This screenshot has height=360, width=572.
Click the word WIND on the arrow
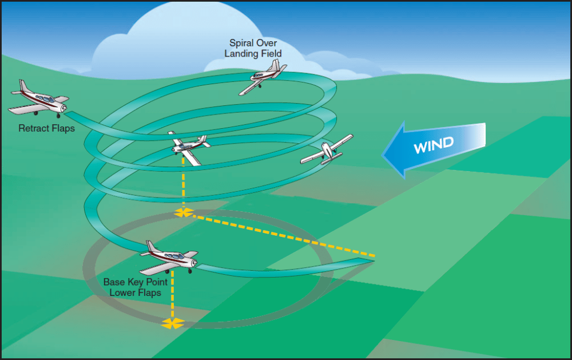[x=434, y=145]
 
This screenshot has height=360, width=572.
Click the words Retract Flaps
[x=47, y=128]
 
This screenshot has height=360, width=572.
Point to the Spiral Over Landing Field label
[x=253, y=48]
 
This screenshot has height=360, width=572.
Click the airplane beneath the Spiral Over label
[x=264, y=77]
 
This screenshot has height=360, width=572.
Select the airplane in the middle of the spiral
[x=188, y=147]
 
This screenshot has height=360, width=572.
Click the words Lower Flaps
[x=132, y=292]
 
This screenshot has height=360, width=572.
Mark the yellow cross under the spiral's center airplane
[x=184, y=213]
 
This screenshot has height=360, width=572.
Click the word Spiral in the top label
[x=240, y=43]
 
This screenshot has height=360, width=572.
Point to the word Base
[x=113, y=282]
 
